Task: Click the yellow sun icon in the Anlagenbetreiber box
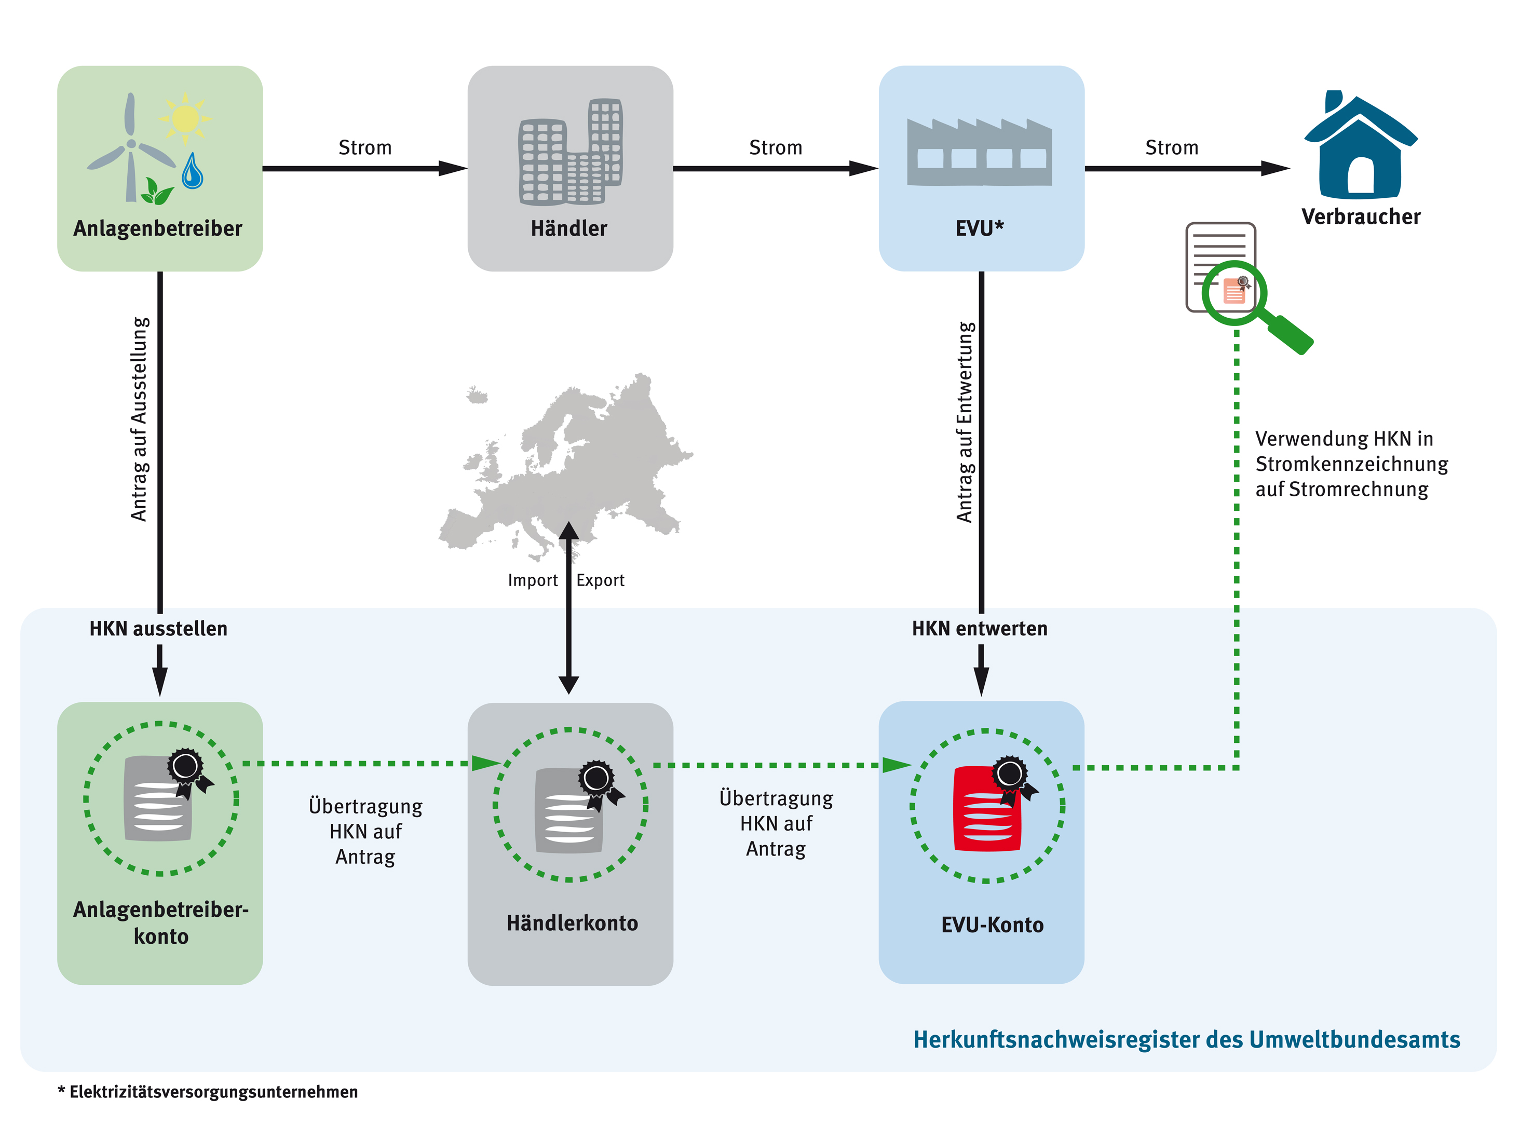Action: click(x=185, y=119)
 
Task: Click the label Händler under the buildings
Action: click(x=569, y=228)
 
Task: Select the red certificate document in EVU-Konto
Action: click(x=986, y=810)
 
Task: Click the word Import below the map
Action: click(x=532, y=580)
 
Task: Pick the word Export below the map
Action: click(x=600, y=580)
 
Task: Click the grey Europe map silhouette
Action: click(x=573, y=464)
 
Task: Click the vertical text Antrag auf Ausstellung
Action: click(x=139, y=419)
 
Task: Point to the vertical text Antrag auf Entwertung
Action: click(x=965, y=423)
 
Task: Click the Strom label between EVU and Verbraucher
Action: click(x=1171, y=147)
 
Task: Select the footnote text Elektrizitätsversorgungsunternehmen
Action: click(x=213, y=1092)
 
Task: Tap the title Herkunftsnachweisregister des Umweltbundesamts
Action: click(x=1186, y=1040)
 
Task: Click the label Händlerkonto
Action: click(x=572, y=924)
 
